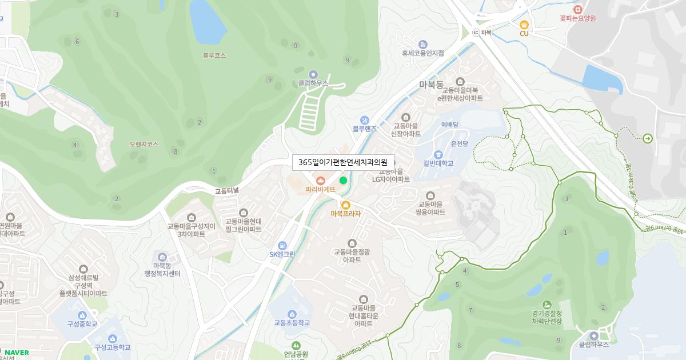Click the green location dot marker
[x=343, y=181]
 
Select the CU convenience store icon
[x=524, y=25]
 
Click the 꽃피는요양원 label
[x=578, y=18]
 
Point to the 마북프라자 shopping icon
[x=345, y=205]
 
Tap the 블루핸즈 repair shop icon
[x=365, y=120]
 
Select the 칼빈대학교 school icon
[x=438, y=154]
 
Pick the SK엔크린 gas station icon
[x=282, y=245]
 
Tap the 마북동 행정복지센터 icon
[x=162, y=257]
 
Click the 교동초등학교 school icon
[x=292, y=314]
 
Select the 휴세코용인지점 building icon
[x=422, y=44]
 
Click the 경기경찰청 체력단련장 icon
[x=547, y=304]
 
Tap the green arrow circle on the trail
[x=647, y=138]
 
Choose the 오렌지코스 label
[x=143, y=145]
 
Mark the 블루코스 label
[x=214, y=55]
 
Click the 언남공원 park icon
[x=296, y=345]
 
